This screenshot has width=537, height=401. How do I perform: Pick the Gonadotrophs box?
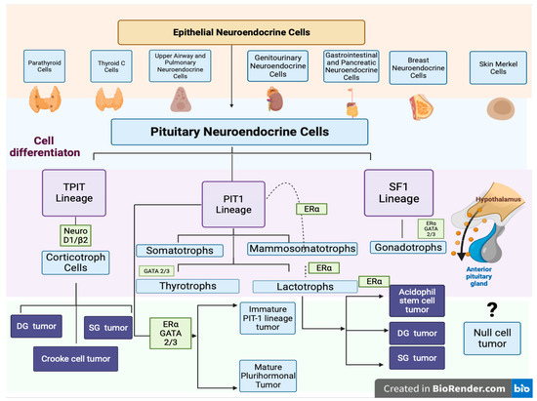click(408, 248)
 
